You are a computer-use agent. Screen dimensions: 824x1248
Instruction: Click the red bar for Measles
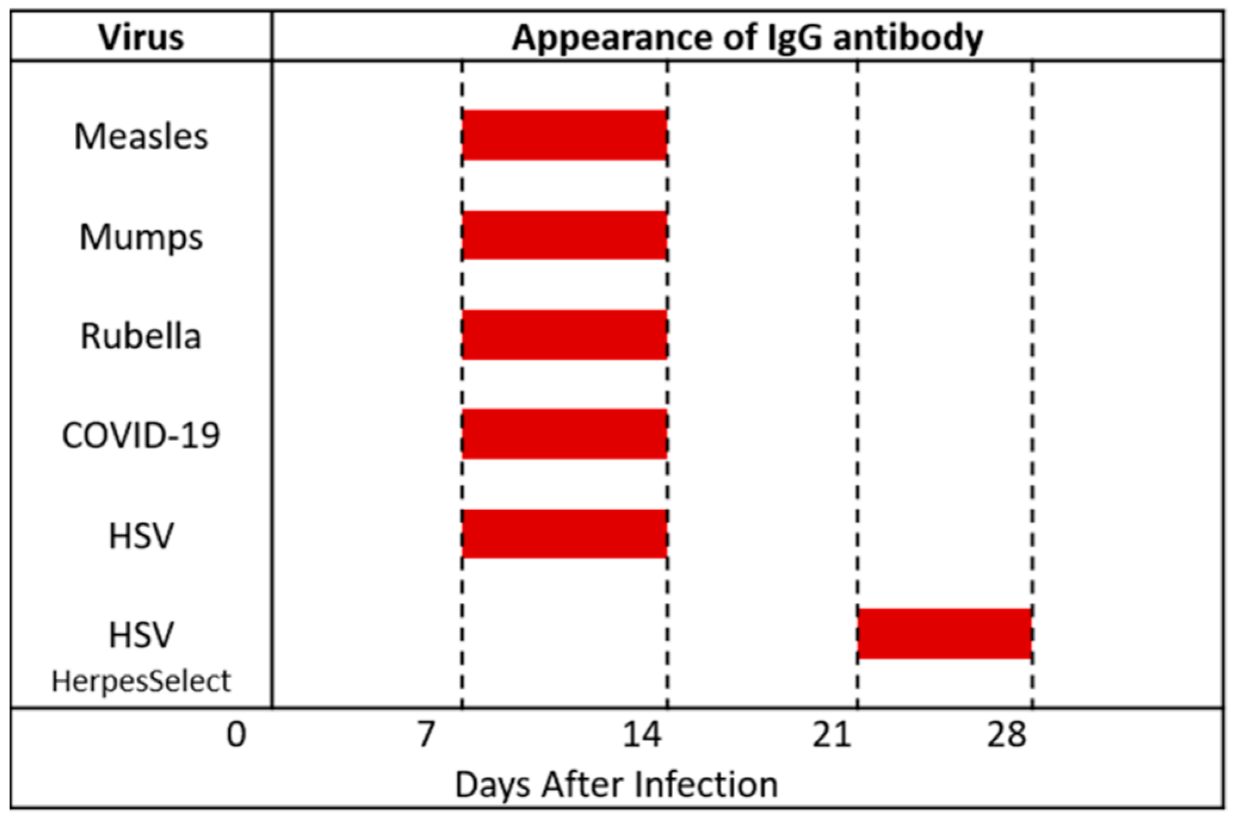coord(564,135)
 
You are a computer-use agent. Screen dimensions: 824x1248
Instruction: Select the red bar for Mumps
coord(564,235)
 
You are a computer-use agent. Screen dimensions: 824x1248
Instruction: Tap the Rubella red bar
coord(564,334)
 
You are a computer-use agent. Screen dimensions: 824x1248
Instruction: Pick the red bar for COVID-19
coord(564,434)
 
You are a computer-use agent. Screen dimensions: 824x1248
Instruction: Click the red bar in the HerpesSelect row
coord(944,633)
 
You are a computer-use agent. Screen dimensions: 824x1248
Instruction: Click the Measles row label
coord(141,136)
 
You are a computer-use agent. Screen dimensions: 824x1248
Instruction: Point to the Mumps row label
coord(141,237)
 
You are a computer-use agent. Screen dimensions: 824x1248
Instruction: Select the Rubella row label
coord(141,336)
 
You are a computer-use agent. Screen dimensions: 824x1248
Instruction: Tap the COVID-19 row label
coord(141,435)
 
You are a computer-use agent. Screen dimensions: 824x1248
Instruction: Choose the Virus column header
coord(141,37)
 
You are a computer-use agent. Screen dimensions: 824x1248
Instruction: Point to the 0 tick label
coord(236,735)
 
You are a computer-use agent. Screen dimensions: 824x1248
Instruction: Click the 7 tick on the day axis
coord(425,735)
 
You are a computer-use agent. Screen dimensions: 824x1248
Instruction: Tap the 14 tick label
coord(642,735)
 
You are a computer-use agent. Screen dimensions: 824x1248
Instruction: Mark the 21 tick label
coord(831,735)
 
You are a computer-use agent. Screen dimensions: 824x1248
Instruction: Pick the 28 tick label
coord(1007,735)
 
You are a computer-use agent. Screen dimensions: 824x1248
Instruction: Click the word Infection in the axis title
coord(706,785)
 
